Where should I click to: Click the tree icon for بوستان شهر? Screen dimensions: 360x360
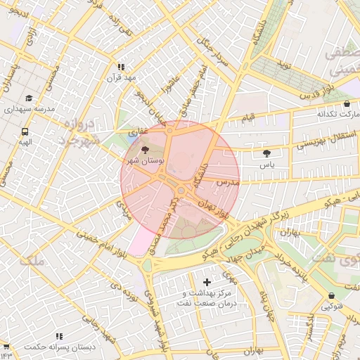pos(146,150)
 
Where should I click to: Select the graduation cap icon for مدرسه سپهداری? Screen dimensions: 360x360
pos(29,98)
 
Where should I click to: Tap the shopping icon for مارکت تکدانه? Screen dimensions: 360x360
pos(347,103)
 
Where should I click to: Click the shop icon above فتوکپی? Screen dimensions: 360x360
pos(332,295)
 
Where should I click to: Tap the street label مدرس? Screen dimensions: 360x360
pos(228,183)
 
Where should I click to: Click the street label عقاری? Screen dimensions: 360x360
pos(139,131)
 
